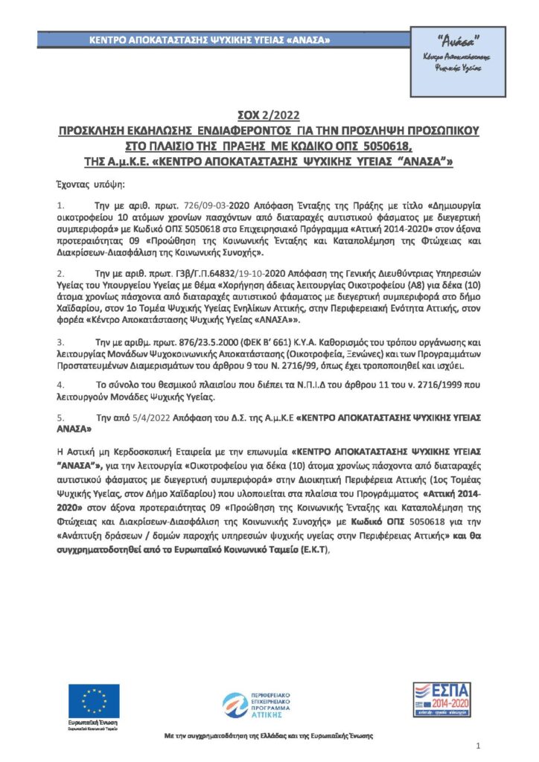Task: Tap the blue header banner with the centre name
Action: (210, 39)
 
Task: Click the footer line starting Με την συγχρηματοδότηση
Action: (269, 736)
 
